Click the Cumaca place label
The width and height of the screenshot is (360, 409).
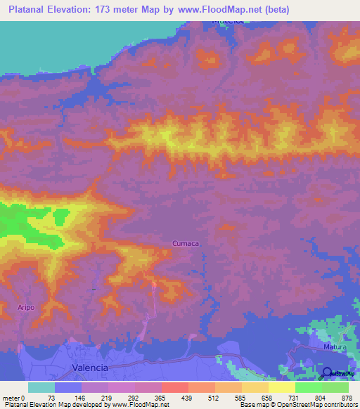coord(186,243)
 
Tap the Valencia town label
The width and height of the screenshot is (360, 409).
coord(91,368)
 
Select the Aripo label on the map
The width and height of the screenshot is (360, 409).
coord(26,307)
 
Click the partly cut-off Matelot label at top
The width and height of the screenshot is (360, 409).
coord(228,21)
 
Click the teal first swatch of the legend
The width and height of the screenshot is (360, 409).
coord(41,387)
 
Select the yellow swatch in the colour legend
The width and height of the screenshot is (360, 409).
coord(282,387)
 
